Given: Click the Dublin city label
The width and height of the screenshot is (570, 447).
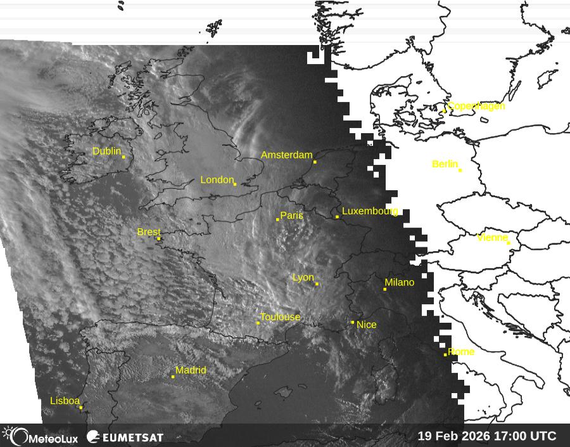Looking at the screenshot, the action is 106,152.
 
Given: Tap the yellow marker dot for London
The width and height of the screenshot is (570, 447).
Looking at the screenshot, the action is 235,185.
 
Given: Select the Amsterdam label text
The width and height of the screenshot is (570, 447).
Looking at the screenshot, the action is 286,155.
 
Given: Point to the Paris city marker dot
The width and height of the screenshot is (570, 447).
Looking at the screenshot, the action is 277,219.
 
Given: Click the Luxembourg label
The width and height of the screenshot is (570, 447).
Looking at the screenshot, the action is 370,211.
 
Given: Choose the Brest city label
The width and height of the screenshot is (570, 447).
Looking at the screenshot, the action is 149,233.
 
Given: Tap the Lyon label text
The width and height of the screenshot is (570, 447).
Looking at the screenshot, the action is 303,278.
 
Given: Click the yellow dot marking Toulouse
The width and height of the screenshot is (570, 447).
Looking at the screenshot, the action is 258,323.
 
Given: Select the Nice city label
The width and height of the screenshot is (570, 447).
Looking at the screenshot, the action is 367,325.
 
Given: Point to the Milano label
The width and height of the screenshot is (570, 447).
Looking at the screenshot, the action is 399,283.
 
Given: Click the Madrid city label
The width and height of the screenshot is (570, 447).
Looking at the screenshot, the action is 191,370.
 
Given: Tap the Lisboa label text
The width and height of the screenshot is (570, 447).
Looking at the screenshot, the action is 65,401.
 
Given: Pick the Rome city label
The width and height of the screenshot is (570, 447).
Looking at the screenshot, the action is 461,352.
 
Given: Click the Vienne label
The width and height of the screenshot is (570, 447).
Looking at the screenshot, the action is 492,238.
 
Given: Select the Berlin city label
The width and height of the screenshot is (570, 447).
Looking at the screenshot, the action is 445,164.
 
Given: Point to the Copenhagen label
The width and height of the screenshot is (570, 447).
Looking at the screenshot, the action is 476,106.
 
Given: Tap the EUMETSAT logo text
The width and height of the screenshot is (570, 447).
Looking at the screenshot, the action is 132,437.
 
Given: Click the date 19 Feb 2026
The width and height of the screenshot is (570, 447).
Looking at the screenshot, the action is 457,436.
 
